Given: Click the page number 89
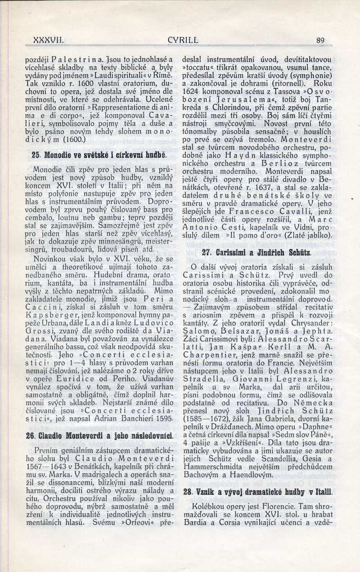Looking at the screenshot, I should click(320, 40).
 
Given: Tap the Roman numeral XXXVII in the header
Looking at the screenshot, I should click(49, 40).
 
